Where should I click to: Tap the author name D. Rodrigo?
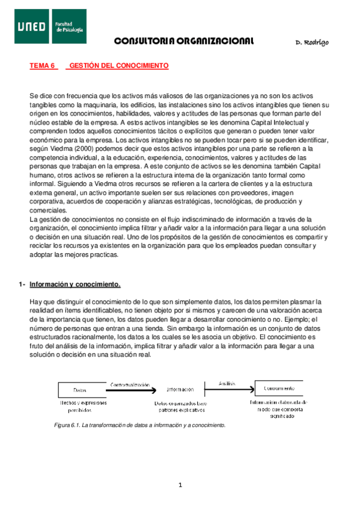(312, 42)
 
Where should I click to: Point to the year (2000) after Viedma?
(83, 149)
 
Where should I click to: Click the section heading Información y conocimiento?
(75, 284)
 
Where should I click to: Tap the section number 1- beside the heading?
(22, 284)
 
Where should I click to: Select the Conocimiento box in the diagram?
(278, 388)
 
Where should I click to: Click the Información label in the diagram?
(180, 389)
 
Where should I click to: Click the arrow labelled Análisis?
(228, 387)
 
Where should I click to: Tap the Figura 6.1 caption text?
(139, 425)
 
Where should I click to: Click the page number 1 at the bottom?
(179, 485)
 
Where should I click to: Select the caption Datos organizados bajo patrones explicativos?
(180, 407)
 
